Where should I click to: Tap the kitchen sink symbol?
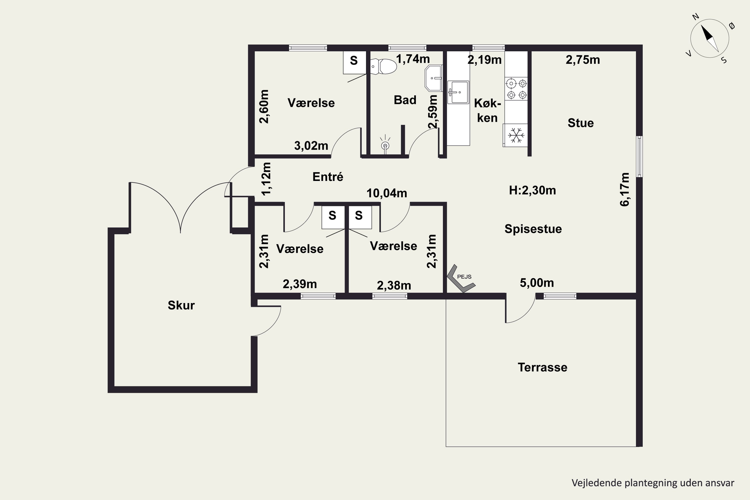coord(458,92)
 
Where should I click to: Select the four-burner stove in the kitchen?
coord(516,89)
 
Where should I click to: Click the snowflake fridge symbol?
coord(515,135)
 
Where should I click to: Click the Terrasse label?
coord(542,367)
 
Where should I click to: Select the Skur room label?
coord(181,305)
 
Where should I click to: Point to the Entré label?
coord(328,177)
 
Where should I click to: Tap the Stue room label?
coord(581,123)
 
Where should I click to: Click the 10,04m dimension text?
coord(387,193)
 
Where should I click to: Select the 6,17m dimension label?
coord(625,189)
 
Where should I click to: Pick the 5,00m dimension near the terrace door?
coord(537,283)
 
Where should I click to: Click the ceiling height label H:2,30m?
coord(532,190)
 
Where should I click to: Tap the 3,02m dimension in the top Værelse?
coord(311,146)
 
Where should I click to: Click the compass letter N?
coord(696,16)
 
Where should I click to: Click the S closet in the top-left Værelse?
coord(354,62)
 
